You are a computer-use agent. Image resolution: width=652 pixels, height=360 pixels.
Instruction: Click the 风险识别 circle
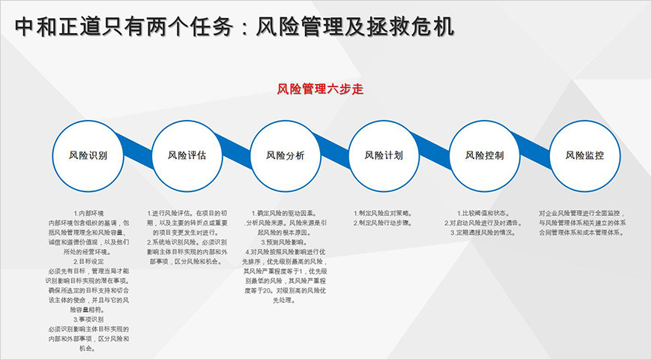(x=88, y=155)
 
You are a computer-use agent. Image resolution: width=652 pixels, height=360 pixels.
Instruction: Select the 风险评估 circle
(x=187, y=155)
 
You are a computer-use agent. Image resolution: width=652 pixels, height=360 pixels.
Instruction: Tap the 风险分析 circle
(x=286, y=155)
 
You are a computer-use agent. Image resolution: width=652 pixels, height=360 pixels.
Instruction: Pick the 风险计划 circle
(x=384, y=155)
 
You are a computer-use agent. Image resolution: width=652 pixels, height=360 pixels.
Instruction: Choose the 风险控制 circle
(x=484, y=155)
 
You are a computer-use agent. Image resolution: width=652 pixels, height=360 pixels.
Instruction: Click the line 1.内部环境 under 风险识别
(x=88, y=213)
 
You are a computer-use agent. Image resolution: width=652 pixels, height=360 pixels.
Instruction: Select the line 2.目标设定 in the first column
(x=88, y=261)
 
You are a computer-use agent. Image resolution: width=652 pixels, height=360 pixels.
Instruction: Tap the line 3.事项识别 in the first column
(x=88, y=319)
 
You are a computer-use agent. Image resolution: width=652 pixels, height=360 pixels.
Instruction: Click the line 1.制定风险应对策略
(x=384, y=213)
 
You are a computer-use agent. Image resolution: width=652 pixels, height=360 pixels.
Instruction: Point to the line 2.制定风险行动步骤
(x=384, y=223)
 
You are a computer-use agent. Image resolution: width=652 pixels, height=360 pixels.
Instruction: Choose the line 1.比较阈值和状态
(x=484, y=213)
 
